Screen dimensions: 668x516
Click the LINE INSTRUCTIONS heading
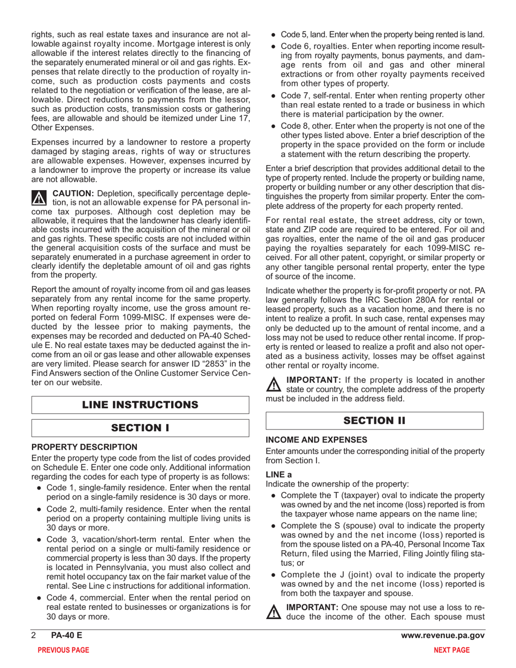140,405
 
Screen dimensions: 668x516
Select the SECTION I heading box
140,428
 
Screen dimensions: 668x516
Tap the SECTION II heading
374,420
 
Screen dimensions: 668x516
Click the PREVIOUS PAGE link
62,650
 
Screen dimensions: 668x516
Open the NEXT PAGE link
452,650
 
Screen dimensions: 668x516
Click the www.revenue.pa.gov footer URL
442,635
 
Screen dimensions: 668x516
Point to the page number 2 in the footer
34,635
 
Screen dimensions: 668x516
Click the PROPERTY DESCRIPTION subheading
84,447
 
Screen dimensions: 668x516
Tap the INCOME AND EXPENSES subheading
317,439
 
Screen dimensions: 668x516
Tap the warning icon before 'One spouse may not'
273,613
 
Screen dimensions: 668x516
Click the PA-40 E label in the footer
64,635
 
